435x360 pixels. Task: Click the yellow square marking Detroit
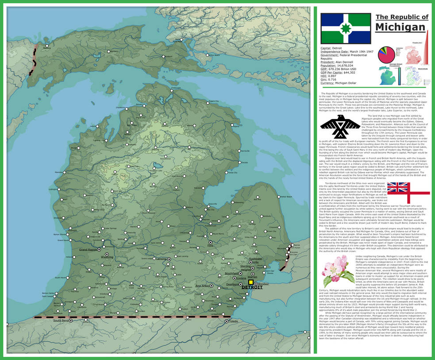pos(251,282)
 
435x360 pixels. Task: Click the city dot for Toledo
pos(227,321)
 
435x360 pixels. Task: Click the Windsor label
pos(263,283)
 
